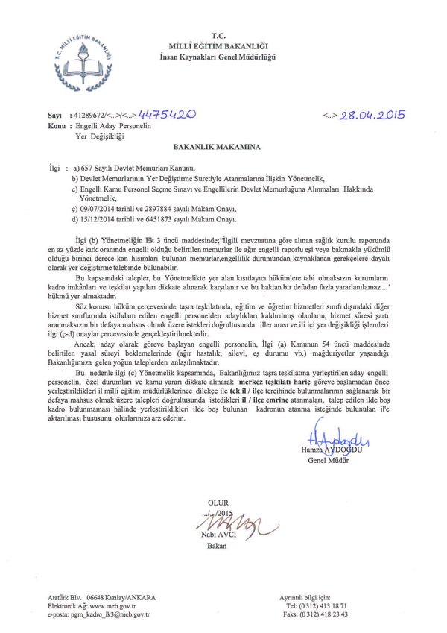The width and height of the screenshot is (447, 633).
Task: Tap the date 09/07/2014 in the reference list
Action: coord(99,210)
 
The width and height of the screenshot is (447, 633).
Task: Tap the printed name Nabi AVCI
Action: coord(220,535)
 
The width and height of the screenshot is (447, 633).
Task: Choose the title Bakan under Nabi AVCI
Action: coord(217,546)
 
